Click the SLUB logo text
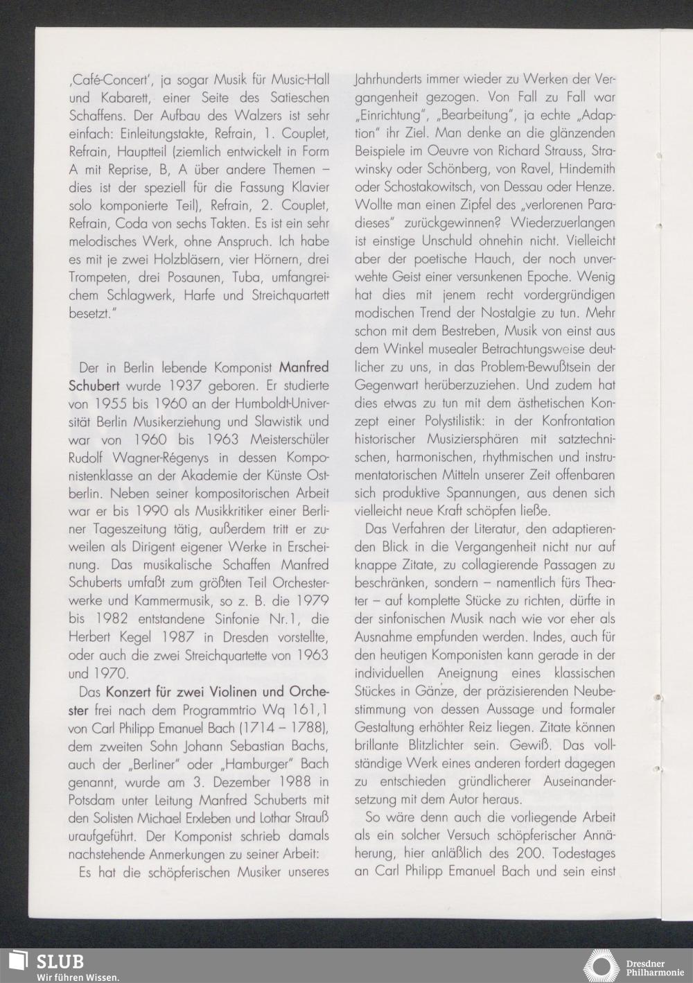click(x=60, y=962)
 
